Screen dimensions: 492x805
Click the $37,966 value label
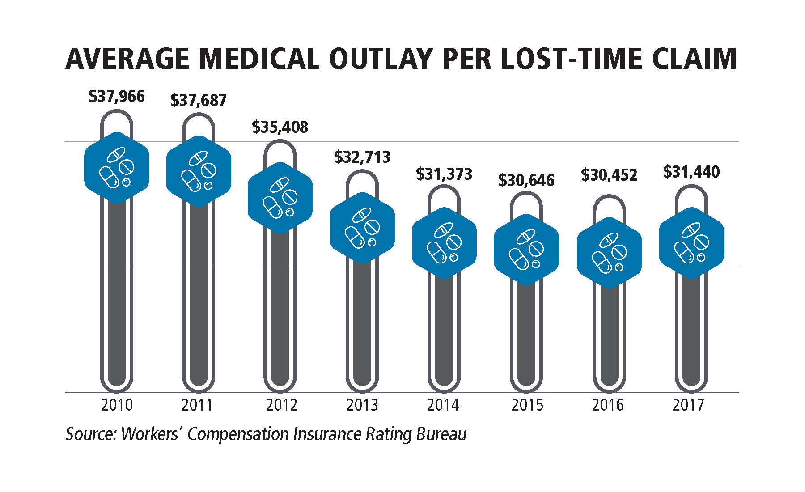point(117,97)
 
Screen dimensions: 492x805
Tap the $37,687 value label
point(199,100)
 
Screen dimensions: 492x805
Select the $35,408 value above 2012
point(280,127)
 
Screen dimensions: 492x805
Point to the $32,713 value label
point(362,157)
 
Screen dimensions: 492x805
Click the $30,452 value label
point(609,175)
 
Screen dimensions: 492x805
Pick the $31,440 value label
point(691,172)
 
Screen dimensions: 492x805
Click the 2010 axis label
point(117,405)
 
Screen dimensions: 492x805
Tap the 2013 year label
point(362,405)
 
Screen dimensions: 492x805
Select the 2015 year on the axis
point(527,405)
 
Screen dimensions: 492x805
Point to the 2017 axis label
point(688,405)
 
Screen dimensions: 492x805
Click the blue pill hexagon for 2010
point(117,168)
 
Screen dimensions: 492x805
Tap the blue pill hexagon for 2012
point(280,198)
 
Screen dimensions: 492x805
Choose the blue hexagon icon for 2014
point(444,243)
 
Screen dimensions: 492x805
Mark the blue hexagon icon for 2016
point(609,253)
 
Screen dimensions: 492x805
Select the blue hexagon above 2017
point(691,243)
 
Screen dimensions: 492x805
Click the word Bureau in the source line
point(441,434)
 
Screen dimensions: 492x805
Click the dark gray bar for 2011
point(199,295)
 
